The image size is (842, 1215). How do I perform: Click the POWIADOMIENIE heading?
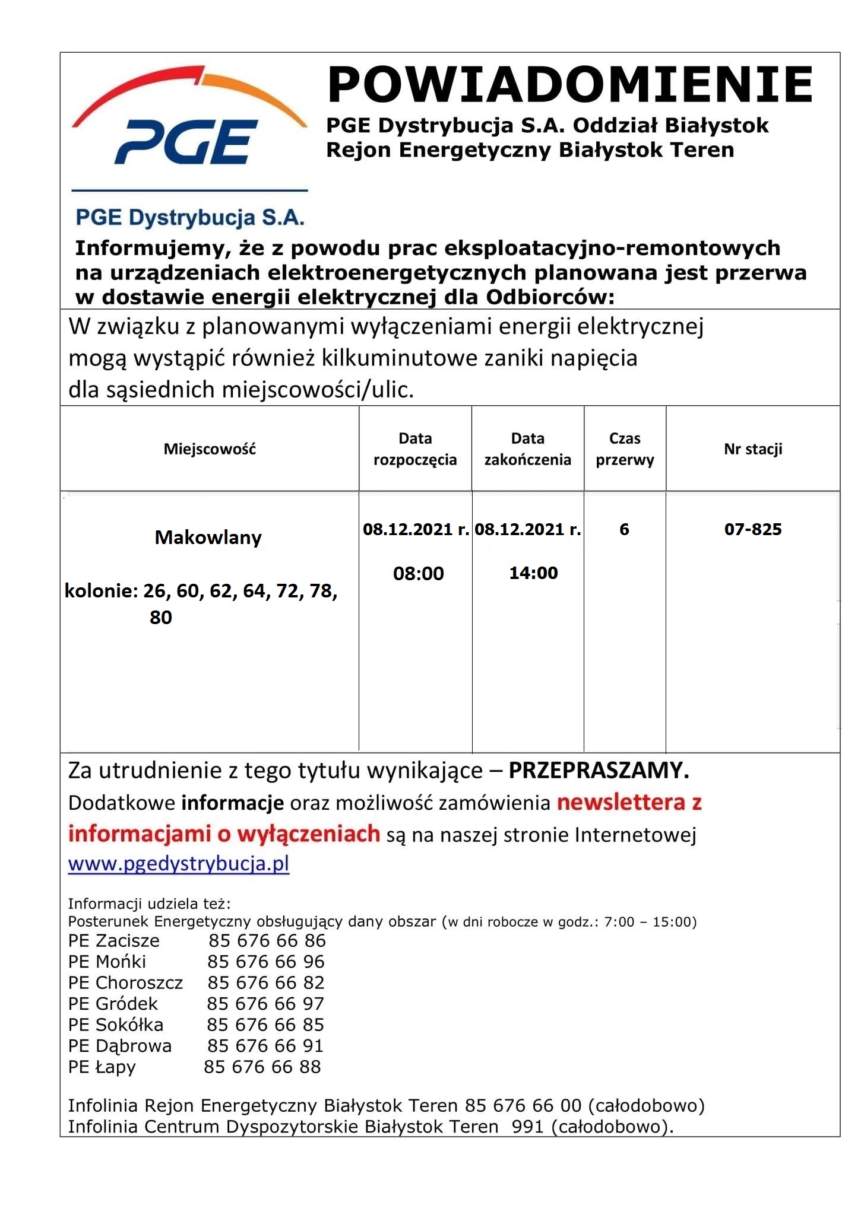pyautogui.click(x=570, y=85)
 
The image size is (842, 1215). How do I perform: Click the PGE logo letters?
pyautogui.click(x=186, y=142)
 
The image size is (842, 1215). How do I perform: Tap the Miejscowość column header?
pyautogui.click(x=210, y=449)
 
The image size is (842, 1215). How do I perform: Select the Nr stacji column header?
pyautogui.click(x=752, y=449)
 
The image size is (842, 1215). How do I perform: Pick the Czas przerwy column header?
pyautogui.click(x=625, y=449)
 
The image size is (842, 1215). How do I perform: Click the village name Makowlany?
pyautogui.click(x=208, y=537)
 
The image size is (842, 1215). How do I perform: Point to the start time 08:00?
pyautogui.click(x=418, y=574)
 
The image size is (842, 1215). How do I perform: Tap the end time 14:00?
pyautogui.click(x=533, y=573)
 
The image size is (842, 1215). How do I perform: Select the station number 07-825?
pyautogui.click(x=752, y=529)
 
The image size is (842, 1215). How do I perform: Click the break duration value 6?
pyautogui.click(x=624, y=529)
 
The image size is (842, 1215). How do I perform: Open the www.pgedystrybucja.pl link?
pyautogui.click(x=178, y=863)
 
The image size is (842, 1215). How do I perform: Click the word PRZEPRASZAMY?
pyautogui.click(x=599, y=770)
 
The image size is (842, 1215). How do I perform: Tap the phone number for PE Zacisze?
pyautogui.click(x=267, y=940)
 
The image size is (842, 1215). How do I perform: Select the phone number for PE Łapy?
pyautogui.click(x=262, y=1067)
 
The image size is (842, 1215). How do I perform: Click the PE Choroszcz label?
pyautogui.click(x=125, y=982)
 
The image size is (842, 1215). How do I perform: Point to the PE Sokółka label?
pyautogui.click(x=115, y=1025)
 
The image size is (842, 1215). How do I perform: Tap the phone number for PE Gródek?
pyautogui.click(x=265, y=1004)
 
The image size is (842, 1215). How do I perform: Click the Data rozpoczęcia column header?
pyautogui.click(x=415, y=449)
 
